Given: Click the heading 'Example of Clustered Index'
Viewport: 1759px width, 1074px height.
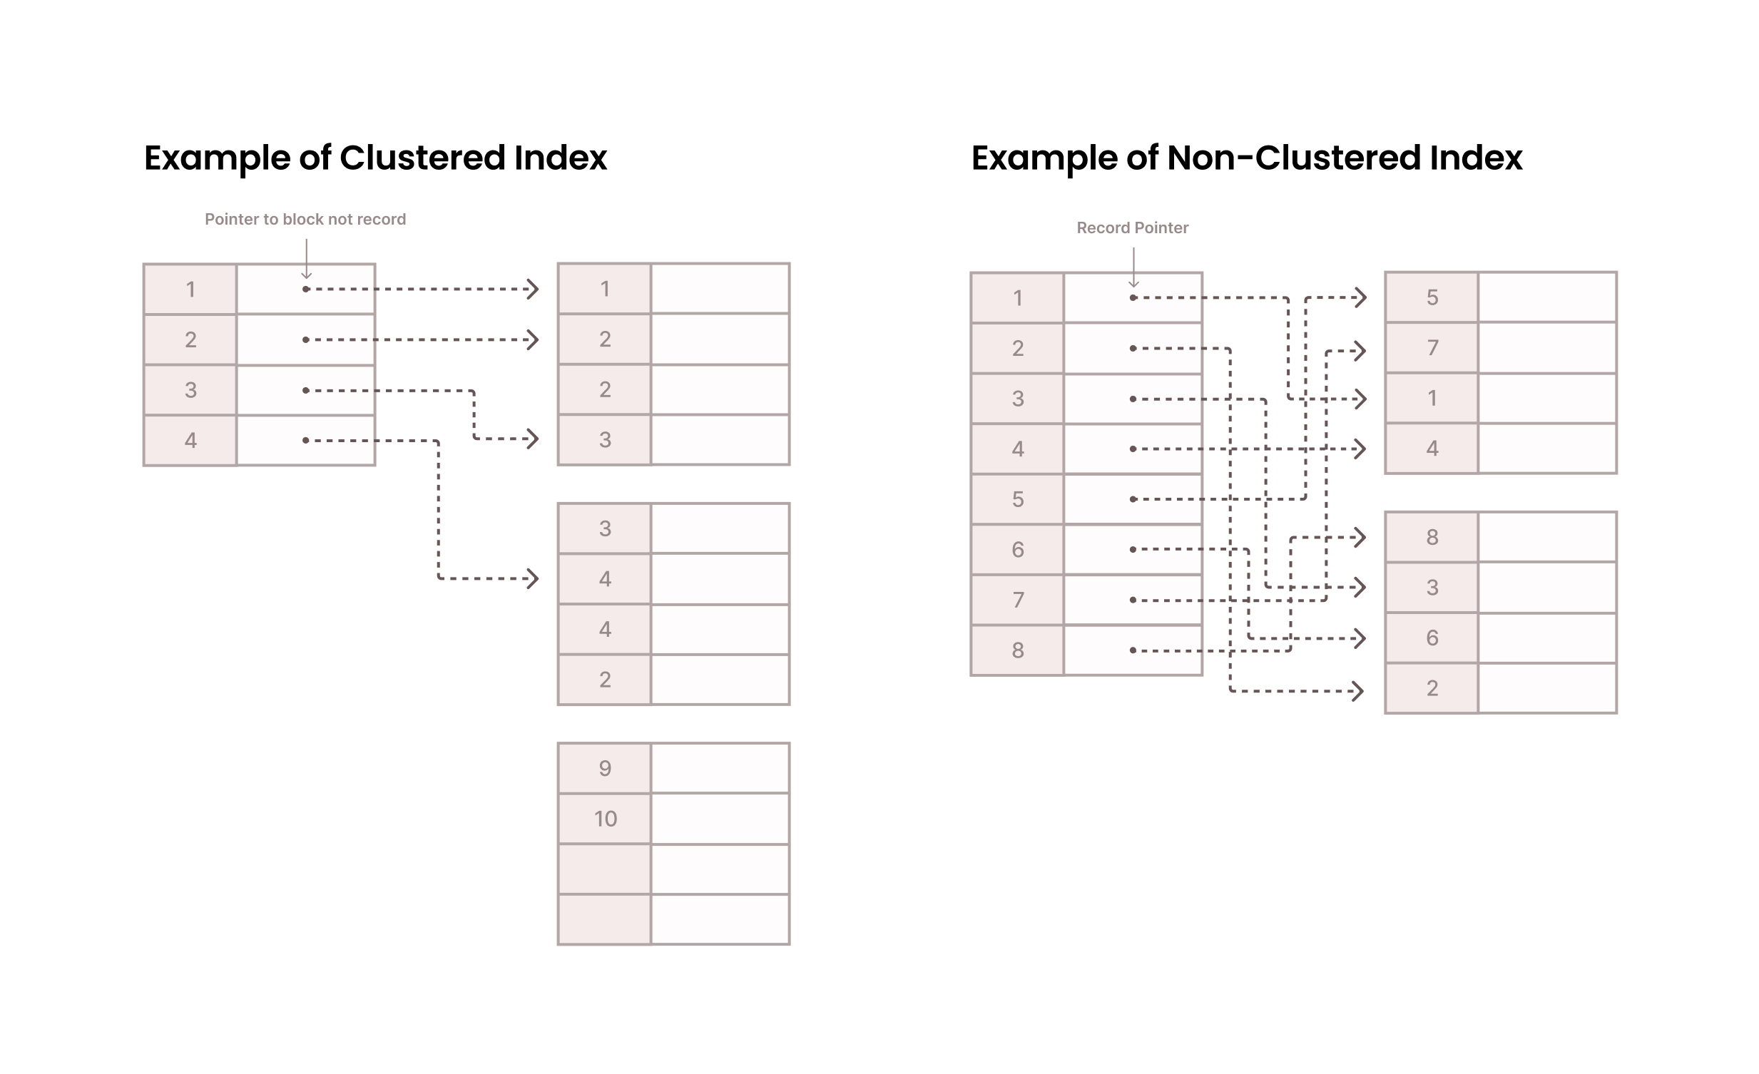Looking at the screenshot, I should (x=374, y=158).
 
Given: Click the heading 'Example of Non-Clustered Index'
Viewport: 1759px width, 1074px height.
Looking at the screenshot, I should (x=1246, y=158).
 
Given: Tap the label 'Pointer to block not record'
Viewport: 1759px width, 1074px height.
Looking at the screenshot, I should (x=305, y=219).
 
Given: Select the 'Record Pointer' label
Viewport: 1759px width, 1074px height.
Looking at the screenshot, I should (x=1132, y=227).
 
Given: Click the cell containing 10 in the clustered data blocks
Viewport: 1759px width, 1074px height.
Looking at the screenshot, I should (x=605, y=819).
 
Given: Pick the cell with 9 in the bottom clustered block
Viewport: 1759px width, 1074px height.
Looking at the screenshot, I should (x=605, y=769).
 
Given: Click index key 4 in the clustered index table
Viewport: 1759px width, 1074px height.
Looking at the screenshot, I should (x=190, y=440).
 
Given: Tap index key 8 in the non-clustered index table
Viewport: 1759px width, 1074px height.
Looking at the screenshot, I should (x=1017, y=650).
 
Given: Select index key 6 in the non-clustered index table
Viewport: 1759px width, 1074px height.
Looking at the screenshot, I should (x=1017, y=550).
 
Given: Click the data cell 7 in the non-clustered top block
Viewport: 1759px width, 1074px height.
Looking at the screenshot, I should (x=1432, y=347).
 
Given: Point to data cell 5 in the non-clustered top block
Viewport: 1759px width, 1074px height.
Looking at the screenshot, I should (x=1432, y=297).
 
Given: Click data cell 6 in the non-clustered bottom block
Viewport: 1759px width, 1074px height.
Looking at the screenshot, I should (x=1432, y=638).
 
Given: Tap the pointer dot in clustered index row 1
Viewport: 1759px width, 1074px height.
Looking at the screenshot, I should (x=305, y=289).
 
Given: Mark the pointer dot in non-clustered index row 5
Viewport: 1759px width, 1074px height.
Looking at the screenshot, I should (x=1133, y=498).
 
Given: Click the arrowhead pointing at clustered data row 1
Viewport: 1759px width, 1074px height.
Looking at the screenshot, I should (x=533, y=289).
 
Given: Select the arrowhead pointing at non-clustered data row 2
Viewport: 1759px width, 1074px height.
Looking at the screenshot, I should (x=1359, y=691).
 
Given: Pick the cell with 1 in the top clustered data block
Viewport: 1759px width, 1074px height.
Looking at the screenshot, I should (x=605, y=289).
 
